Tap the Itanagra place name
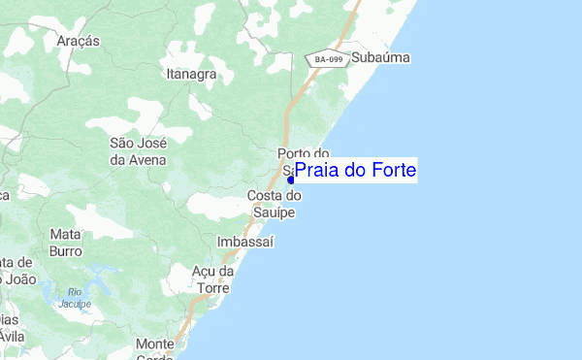(189, 73)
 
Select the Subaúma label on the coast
(381, 58)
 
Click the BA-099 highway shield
(327, 59)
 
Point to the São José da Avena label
(138, 151)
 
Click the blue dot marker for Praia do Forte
(290, 180)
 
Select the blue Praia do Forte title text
(356, 171)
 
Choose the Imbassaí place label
(245, 240)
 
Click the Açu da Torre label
(214, 279)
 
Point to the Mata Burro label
(65, 242)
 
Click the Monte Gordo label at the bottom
(155, 350)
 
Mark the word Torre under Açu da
(213, 288)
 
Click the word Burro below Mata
(65, 249)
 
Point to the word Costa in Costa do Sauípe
(266, 196)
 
